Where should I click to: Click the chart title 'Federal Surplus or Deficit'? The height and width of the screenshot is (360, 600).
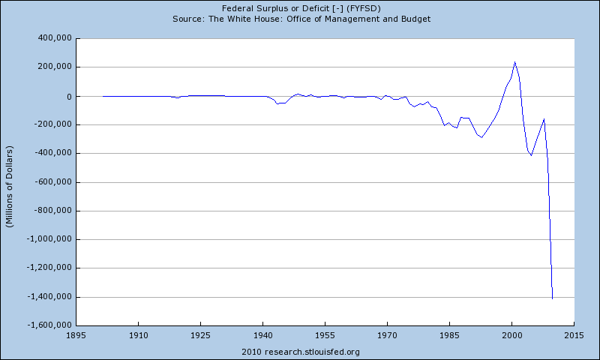(x=300, y=7)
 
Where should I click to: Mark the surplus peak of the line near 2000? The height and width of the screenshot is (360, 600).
(x=515, y=62)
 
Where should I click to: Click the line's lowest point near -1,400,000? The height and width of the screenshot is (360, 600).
(x=553, y=298)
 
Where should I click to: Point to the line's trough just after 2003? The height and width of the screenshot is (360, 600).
(x=531, y=155)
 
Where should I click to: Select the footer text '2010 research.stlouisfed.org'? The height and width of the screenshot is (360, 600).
(x=300, y=352)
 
